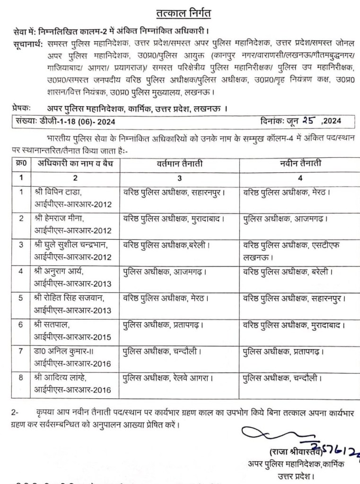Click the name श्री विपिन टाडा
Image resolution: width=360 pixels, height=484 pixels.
click(61, 193)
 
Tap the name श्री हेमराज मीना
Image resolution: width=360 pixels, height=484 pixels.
click(63, 219)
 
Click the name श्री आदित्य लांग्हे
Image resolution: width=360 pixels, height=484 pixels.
click(66, 379)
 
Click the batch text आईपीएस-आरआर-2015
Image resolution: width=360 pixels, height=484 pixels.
click(73, 337)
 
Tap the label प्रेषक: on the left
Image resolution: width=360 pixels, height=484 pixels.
click(22, 108)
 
